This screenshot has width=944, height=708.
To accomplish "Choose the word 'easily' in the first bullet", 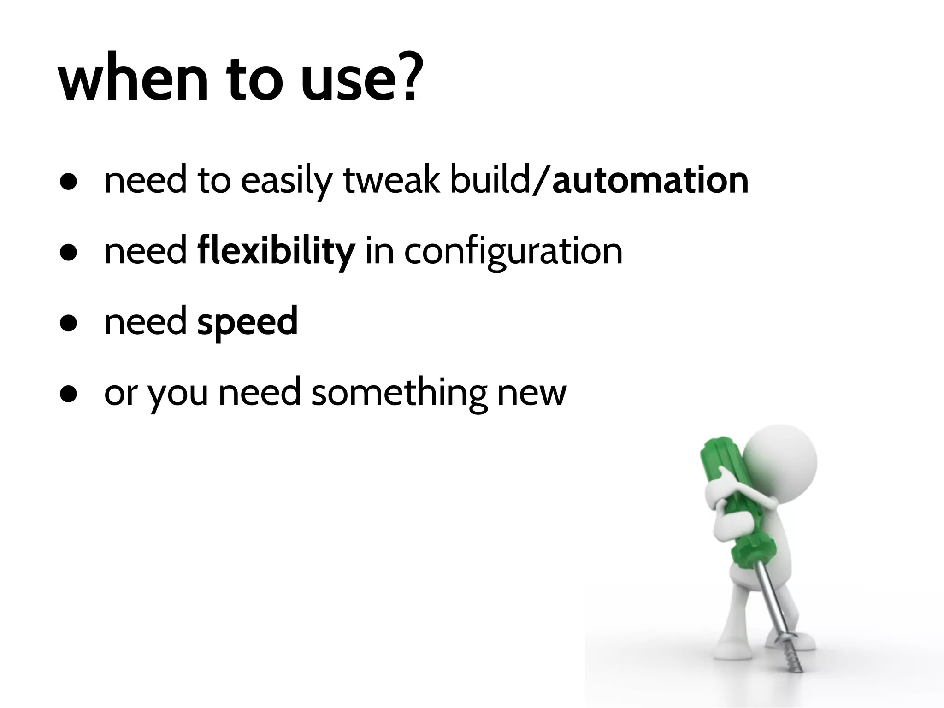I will click(x=286, y=182).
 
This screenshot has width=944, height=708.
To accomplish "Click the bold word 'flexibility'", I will click(x=276, y=252).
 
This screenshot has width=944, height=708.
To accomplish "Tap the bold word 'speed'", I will click(x=248, y=322).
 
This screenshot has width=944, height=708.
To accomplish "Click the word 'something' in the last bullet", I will click(x=399, y=393).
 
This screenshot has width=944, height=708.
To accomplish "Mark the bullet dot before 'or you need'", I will click(x=68, y=395).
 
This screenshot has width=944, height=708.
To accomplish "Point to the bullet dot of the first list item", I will click(x=68, y=182).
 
